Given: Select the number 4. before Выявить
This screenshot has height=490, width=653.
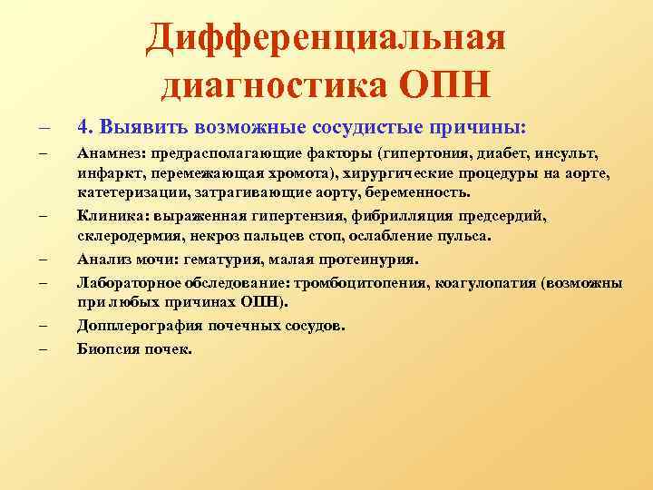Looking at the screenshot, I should point(85,124).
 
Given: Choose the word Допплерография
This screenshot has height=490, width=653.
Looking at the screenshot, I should point(131,325).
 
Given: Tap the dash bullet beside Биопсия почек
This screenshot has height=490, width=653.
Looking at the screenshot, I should point(43,348).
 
